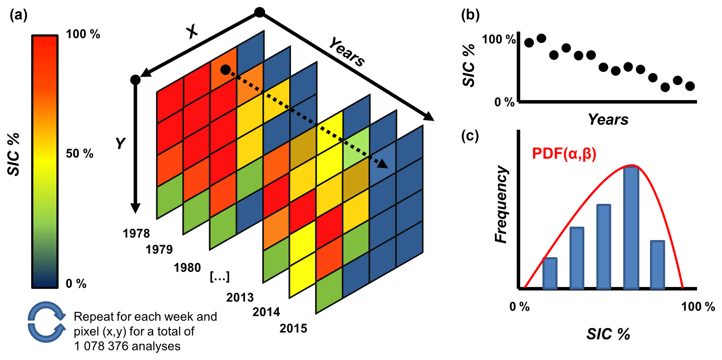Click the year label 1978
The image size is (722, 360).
click(136, 233)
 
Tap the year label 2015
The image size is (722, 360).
click(293, 328)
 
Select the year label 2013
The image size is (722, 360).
click(240, 297)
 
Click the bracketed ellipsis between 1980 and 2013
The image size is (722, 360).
click(220, 277)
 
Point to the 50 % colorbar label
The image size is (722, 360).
click(80, 154)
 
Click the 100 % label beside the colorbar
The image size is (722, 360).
click(83, 34)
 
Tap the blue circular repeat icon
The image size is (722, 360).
click(46, 322)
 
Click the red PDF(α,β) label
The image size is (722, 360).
click(564, 154)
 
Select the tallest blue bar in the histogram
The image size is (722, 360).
click(631, 228)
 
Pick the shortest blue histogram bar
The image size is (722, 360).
click(550, 273)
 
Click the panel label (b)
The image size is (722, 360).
click(470, 15)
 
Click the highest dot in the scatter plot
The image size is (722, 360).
click(541, 38)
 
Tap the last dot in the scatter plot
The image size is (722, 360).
click(690, 86)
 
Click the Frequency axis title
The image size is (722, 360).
click(501, 204)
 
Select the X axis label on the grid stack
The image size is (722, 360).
click(192, 32)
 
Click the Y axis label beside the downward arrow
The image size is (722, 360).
click(121, 144)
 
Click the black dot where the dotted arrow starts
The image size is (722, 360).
click(226, 69)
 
